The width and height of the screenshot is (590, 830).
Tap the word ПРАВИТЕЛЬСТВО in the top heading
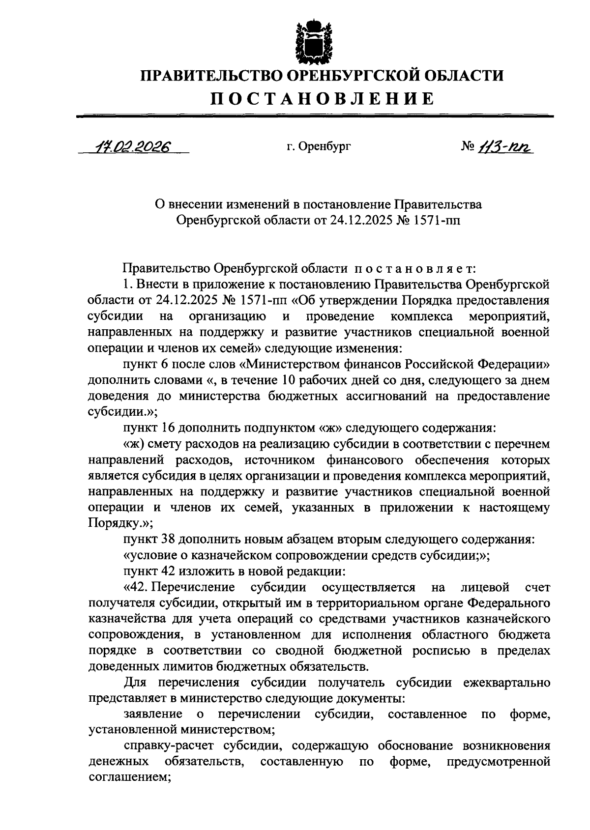[x=210, y=76]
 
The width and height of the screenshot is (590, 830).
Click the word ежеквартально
[x=506, y=683]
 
